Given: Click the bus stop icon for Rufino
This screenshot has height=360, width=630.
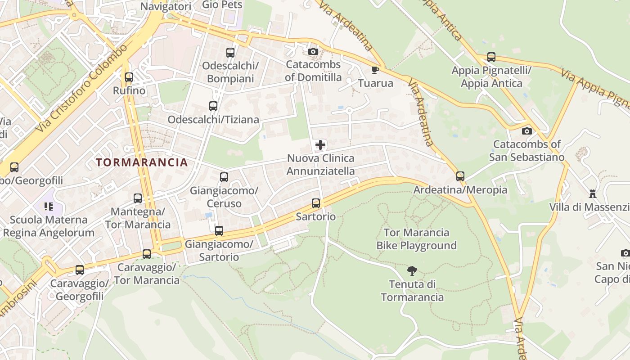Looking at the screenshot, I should pos(129,77).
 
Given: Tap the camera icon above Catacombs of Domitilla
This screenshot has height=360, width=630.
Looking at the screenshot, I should pos(313,51).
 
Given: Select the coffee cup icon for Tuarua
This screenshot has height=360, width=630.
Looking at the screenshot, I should pos(375,70).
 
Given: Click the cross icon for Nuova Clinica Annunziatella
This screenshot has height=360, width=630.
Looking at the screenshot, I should pos(320,145).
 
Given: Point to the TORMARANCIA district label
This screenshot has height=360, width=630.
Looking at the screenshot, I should pos(142,162).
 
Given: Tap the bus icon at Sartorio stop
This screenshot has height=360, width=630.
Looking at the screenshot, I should pos(316,203).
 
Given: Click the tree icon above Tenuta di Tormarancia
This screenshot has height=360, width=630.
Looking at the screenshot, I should pos(412,270).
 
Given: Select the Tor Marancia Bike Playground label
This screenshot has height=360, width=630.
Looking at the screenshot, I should pos(416,239).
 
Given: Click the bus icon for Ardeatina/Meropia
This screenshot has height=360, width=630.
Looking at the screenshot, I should pos(460,176).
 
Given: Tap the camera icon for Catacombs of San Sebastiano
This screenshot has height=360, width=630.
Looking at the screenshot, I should pos(526,131).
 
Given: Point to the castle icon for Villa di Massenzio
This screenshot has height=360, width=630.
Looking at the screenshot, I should pos(593,194).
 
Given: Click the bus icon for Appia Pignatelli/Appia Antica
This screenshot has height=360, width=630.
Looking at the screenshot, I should pos(491,57).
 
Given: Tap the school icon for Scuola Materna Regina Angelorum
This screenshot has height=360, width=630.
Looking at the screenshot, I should pos(48,207).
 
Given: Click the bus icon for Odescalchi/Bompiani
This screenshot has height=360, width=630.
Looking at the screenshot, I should pos(230,52).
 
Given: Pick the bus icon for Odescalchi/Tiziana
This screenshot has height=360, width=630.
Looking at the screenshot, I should pos(213,106).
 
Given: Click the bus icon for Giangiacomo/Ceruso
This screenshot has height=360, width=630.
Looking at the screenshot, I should pos(224,177).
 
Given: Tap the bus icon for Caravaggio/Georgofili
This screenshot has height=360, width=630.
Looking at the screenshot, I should pos(80,270).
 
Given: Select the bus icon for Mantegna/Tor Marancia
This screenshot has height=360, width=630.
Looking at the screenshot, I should pos(138,198).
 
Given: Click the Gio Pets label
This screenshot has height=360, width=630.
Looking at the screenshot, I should pos(222,5).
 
